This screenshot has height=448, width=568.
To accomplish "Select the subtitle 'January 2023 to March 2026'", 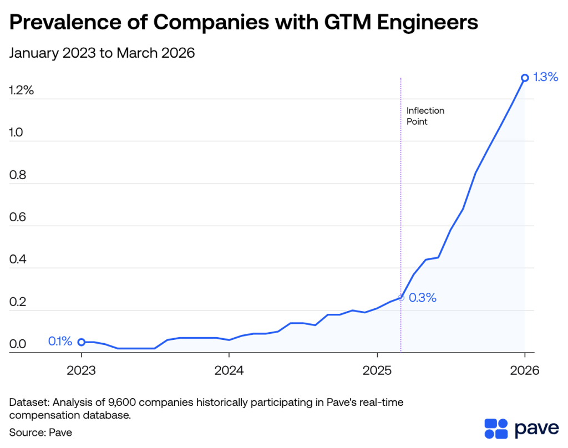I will [102, 54].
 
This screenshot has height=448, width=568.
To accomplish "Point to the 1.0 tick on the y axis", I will [18, 133].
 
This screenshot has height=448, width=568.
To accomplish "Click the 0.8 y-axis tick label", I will [18, 176].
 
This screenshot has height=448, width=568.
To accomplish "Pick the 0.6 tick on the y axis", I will [18, 218].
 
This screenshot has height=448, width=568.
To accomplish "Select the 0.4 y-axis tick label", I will [18, 260].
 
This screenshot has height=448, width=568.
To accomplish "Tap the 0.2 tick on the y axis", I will [18, 303].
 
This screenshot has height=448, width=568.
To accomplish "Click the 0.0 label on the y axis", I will [18, 344].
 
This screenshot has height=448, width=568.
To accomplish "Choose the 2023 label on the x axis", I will [82, 370].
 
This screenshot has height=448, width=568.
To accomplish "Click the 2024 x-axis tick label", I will [229, 370].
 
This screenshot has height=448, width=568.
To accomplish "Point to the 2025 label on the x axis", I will [377, 370].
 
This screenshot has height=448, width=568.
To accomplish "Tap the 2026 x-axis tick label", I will [524, 370].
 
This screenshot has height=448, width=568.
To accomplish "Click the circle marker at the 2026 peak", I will [525, 78].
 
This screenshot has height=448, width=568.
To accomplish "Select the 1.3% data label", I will [545, 77].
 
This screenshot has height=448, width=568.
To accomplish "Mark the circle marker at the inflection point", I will [401, 298].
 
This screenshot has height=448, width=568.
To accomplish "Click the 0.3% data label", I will [423, 298].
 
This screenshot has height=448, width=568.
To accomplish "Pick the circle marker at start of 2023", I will [82, 342].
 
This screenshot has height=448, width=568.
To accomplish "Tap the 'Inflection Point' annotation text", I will [425, 116].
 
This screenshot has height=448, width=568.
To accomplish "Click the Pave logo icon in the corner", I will [496, 429].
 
